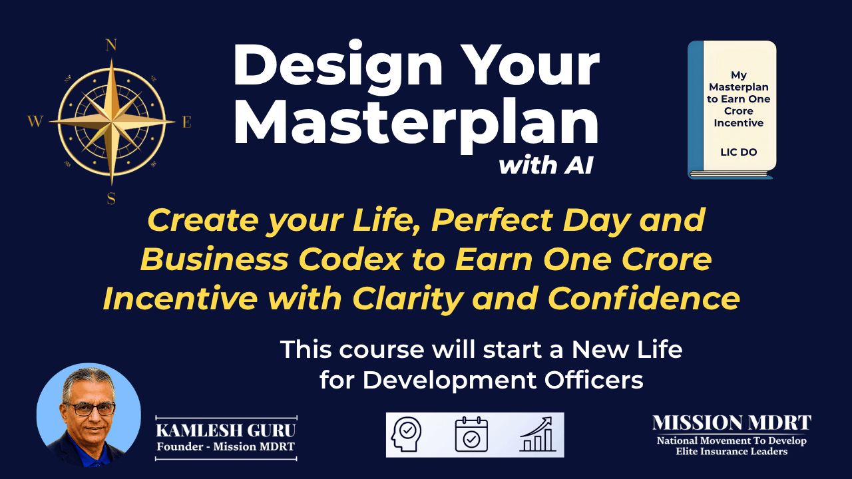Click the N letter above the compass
pos(111,45)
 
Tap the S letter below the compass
pos(111,198)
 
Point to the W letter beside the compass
pos(35,122)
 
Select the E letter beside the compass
pos(187,122)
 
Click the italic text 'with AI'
pos(546,166)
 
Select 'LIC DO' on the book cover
pos(739,152)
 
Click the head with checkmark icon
pos(406,434)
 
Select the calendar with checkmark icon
pos(471,434)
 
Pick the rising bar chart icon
pos(537,434)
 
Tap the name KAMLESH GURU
pos(226,430)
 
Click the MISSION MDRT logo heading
pos(732,422)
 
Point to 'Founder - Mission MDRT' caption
pos(226,446)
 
